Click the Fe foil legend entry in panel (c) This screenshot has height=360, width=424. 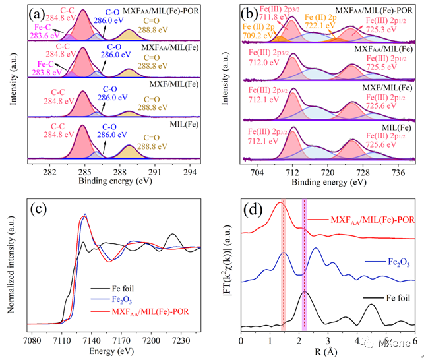pos(114,287)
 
